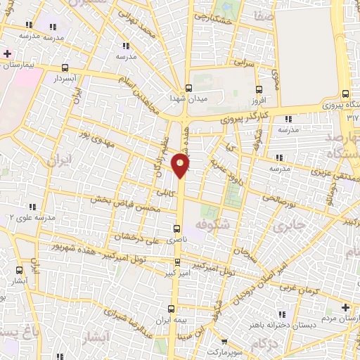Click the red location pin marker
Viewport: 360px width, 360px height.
(181, 166)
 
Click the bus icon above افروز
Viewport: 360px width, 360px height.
(259, 89)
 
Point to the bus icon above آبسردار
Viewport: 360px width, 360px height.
(65, 69)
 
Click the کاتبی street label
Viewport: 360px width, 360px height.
(165, 190)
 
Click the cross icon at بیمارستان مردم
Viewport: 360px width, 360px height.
(345, 308)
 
